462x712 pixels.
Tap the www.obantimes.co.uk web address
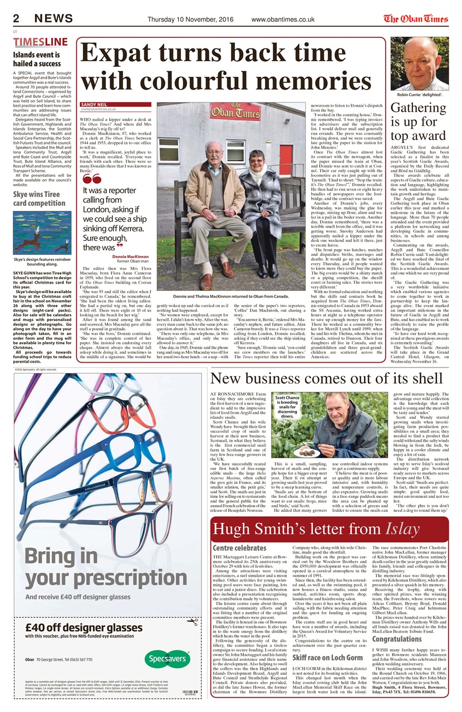283,19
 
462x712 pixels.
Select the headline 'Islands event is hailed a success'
37,60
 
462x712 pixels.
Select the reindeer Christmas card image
42,233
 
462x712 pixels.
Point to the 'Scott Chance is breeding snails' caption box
287,406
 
